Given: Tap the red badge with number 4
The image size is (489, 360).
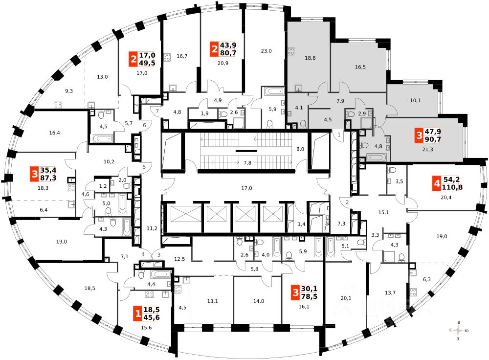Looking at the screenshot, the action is pos(436,184).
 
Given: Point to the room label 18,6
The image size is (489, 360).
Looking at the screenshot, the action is pos(310,58).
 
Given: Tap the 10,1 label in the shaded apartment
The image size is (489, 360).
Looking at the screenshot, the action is pos(415,101).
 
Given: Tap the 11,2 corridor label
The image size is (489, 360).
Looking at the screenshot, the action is pos(152,228).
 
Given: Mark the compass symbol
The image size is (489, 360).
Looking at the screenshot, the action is pos(458,331).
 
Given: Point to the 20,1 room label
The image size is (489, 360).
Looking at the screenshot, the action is pos(346,298).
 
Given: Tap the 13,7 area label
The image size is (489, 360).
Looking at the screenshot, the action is pos(390,293).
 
